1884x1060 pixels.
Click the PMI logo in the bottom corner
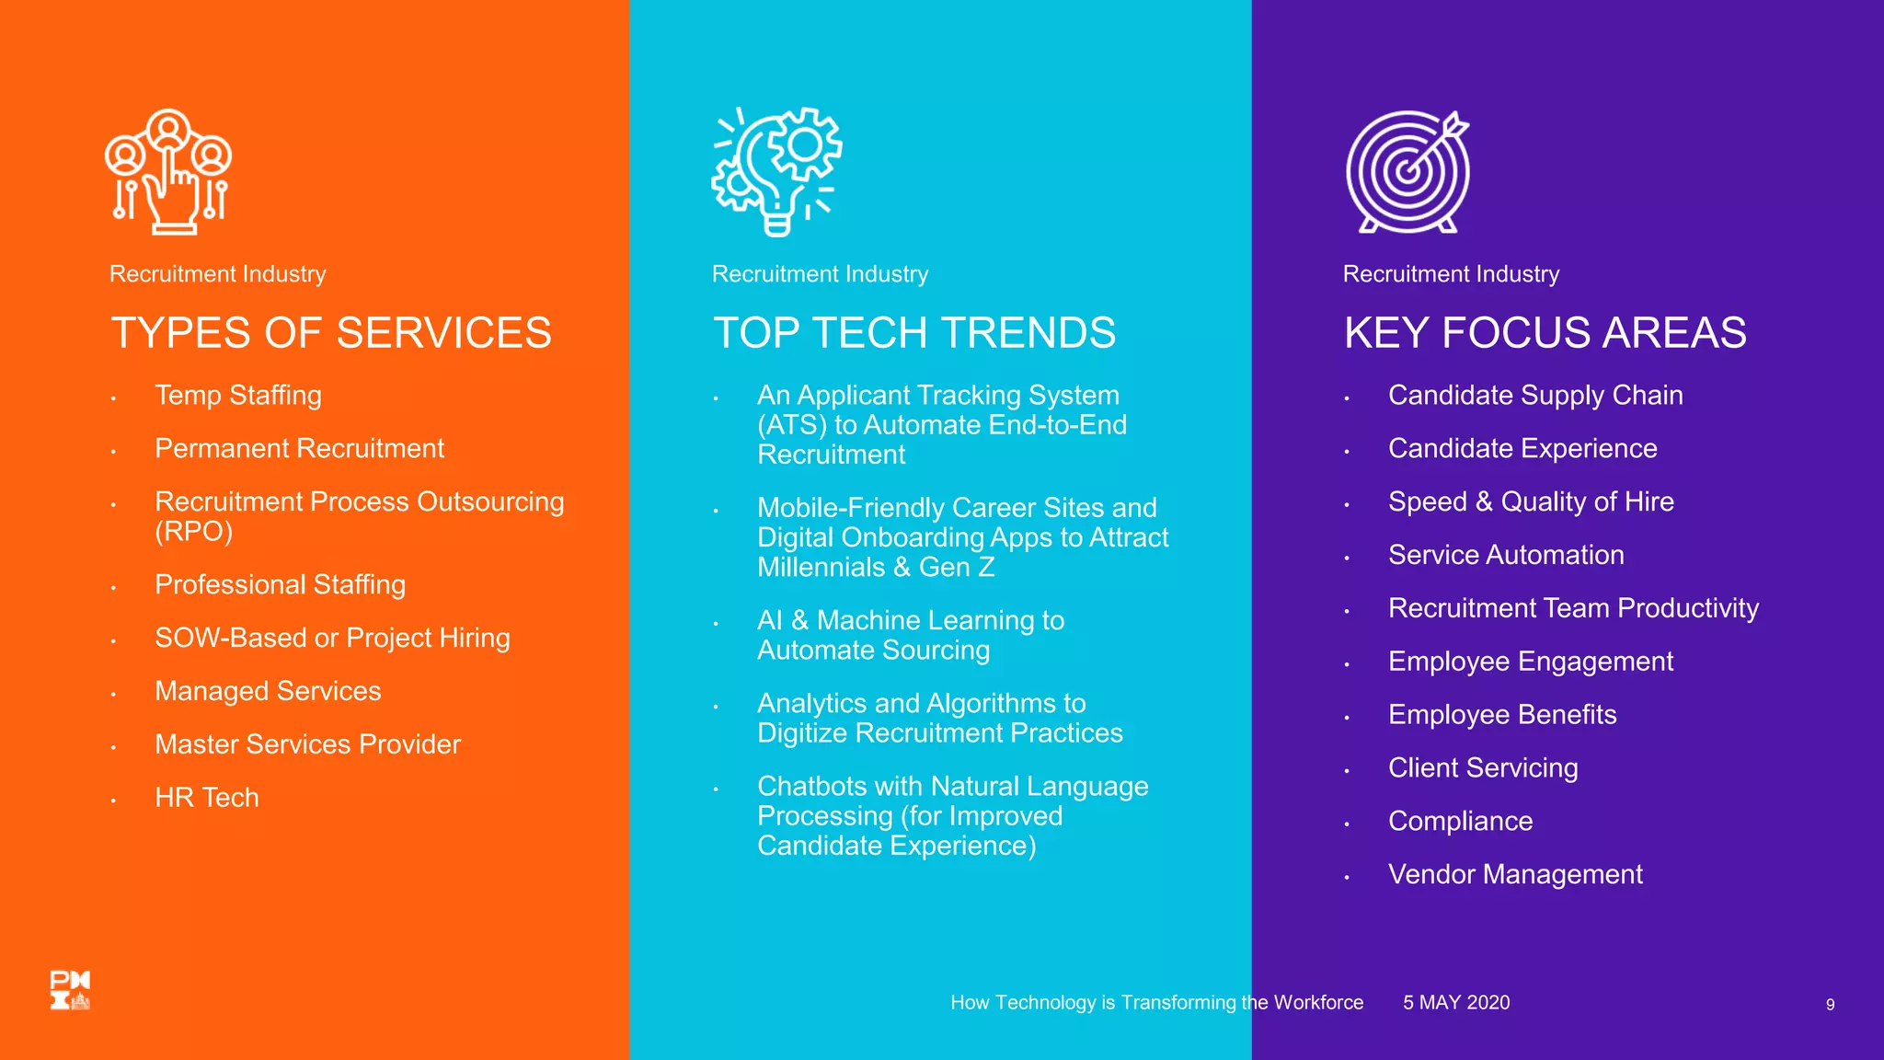(70, 990)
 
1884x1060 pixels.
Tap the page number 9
(1830, 1005)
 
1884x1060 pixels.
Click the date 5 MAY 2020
(1455, 1002)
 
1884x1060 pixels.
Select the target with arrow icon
(1407, 172)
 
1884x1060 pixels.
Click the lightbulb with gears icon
(776, 171)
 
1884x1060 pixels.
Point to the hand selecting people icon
(168, 171)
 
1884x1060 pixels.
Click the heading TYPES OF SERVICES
(330, 332)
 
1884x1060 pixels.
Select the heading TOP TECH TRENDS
(913, 332)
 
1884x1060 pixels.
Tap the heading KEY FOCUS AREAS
(1545, 332)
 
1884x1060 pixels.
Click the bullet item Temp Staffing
(237, 395)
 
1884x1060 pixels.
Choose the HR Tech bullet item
(206, 797)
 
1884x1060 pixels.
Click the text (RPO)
(193, 531)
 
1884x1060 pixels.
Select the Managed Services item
(267, 691)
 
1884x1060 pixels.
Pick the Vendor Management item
(1514, 874)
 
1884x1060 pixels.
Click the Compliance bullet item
(1460, 821)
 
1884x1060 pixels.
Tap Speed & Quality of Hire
(1530, 501)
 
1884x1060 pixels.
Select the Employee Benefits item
(1501, 715)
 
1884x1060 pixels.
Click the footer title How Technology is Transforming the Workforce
(1156, 1002)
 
